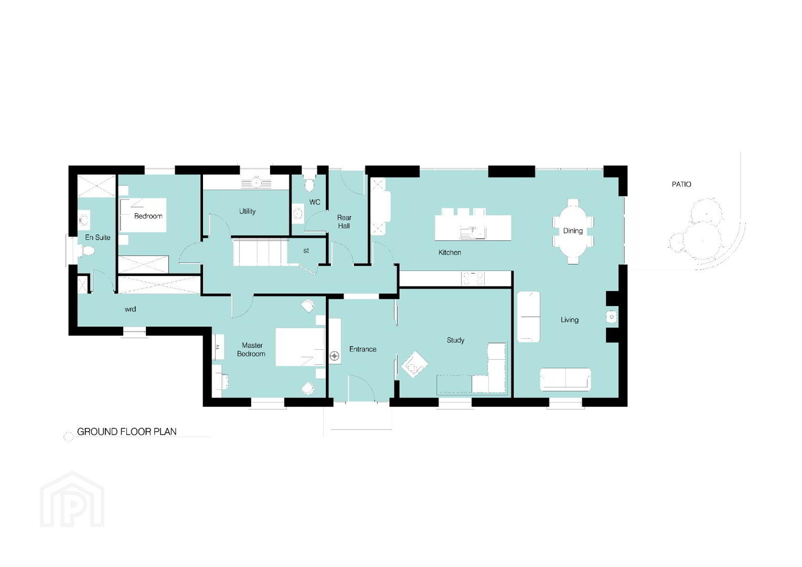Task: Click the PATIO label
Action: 681,184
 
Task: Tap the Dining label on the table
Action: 572,231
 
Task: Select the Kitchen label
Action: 450,253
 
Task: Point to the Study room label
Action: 455,340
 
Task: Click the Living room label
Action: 569,320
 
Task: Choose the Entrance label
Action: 362,349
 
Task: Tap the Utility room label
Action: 247,211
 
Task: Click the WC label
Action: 315,202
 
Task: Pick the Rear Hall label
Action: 344,222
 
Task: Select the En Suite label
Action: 98,237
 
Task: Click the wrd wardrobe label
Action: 130,309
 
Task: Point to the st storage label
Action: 306,250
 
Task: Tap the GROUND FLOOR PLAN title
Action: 127,432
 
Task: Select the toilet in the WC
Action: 309,185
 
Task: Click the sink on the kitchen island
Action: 473,233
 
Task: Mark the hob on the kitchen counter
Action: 473,278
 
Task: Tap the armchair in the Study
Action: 414,364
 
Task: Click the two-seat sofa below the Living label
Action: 565,379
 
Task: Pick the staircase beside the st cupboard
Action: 261,253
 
